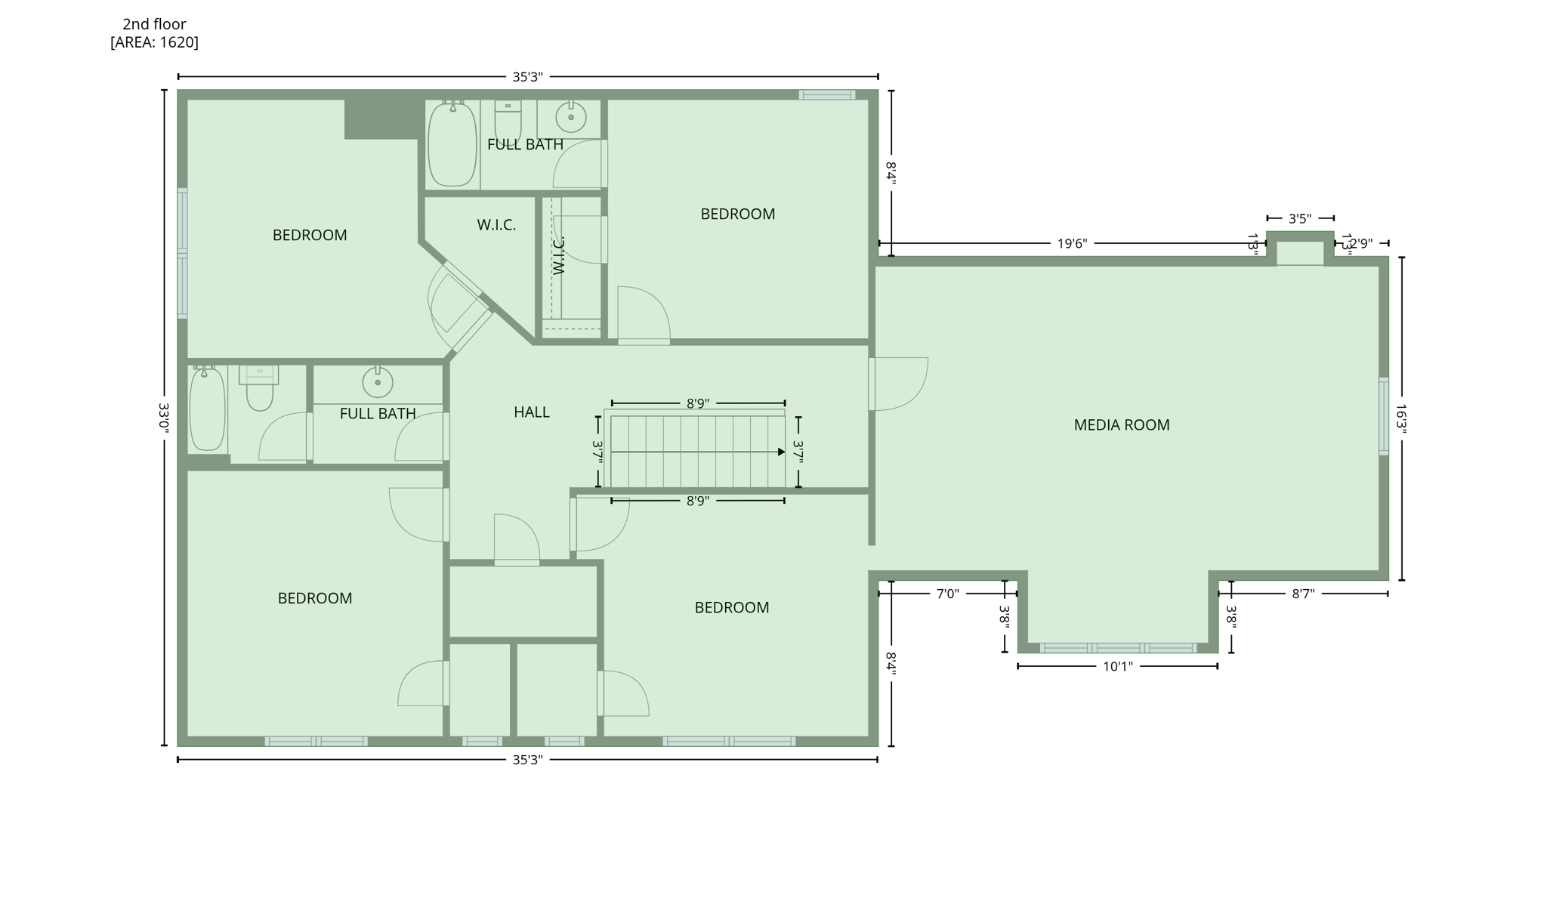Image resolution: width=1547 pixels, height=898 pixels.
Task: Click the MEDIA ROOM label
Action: click(x=1121, y=425)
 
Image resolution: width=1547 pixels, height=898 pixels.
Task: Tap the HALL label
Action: click(x=531, y=412)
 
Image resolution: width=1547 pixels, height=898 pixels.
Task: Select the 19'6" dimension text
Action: click(x=1071, y=243)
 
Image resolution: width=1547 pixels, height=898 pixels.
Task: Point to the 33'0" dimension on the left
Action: click(x=164, y=417)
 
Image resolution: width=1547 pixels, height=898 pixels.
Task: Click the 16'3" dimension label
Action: click(x=1401, y=418)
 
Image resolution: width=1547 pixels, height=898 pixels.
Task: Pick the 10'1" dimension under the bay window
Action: click(x=1117, y=666)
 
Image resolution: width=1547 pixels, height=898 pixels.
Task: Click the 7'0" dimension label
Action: click(x=947, y=594)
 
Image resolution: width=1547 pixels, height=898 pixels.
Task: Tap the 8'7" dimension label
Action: click(x=1302, y=594)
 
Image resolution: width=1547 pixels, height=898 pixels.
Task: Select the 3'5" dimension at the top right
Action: click(x=1299, y=219)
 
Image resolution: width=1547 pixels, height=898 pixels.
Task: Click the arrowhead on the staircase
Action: click(x=781, y=452)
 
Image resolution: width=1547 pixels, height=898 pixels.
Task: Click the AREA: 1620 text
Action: click(x=155, y=42)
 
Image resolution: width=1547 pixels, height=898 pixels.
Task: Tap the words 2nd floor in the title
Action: click(x=154, y=24)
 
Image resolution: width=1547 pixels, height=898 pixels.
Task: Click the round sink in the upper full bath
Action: click(x=571, y=117)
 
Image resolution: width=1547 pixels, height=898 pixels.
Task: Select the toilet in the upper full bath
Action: click(x=508, y=121)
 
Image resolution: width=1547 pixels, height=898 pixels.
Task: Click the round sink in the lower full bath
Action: click(x=378, y=382)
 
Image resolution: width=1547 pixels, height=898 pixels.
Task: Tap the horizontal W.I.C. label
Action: click(x=496, y=225)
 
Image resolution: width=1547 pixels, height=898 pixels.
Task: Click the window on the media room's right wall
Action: click(x=1383, y=416)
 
